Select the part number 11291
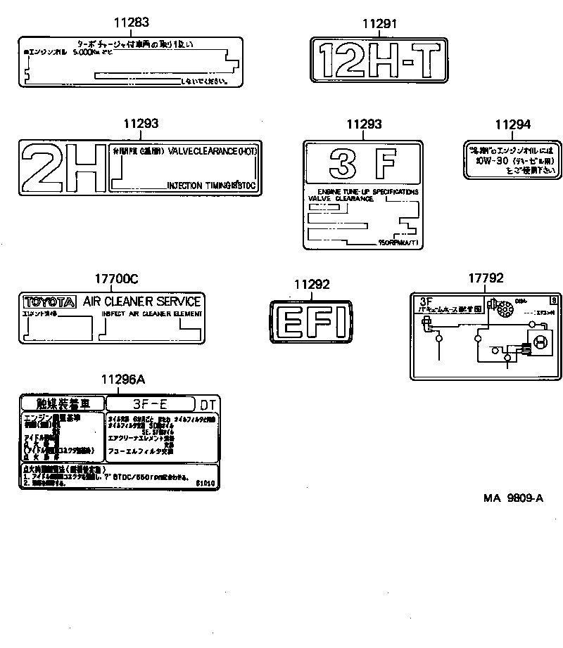click(x=380, y=23)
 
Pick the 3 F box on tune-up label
click(x=363, y=164)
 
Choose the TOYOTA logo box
click(x=49, y=302)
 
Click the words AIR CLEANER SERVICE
click(x=142, y=302)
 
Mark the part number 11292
click(x=311, y=285)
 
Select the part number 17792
click(x=486, y=278)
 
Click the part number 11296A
click(x=122, y=380)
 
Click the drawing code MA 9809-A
click(x=513, y=498)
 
